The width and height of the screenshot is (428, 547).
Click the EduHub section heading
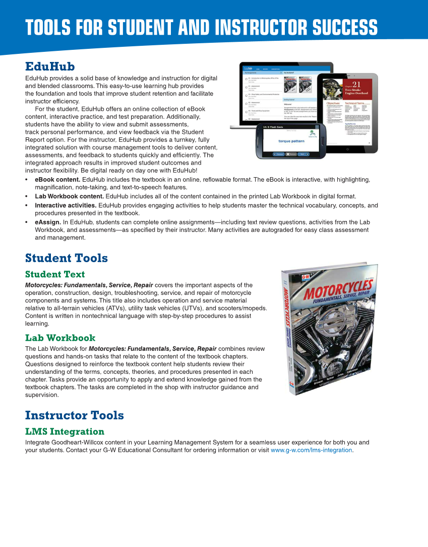[x=50, y=67]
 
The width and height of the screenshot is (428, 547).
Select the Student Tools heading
[x=66, y=258]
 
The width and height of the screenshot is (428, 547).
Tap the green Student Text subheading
[x=55, y=274]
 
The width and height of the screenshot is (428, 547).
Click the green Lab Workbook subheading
[x=60, y=338]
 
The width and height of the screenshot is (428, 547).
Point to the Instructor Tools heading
[x=74, y=415]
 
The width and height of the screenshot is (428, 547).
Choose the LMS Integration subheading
[x=65, y=431]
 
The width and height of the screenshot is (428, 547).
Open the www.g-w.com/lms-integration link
[x=311, y=450]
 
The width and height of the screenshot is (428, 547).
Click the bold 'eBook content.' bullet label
[x=57, y=180]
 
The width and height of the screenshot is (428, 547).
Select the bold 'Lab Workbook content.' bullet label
[x=69, y=196]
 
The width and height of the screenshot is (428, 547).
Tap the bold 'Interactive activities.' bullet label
[x=66, y=205]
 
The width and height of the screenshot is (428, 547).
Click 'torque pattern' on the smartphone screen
[x=291, y=141]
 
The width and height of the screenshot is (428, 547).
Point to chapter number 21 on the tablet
[x=356, y=85]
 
